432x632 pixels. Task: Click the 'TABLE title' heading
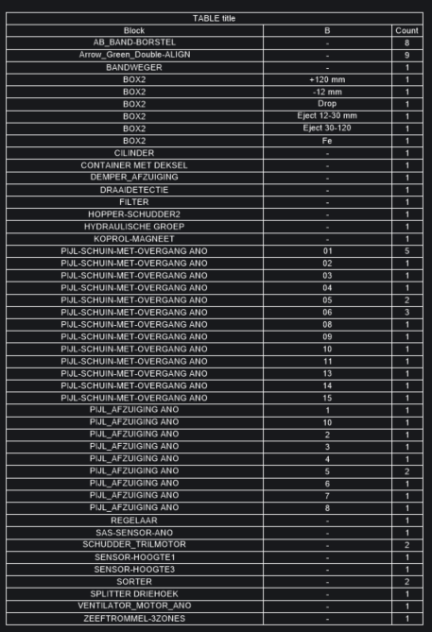pyautogui.click(x=216, y=18)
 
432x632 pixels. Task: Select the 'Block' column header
pyautogui.click(x=134, y=30)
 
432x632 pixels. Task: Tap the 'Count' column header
pyautogui.click(x=406, y=30)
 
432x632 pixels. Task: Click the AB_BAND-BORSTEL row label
pyautogui.click(x=134, y=43)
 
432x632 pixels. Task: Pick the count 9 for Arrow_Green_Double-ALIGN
pyautogui.click(x=406, y=55)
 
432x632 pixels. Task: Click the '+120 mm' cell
pyautogui.click(x=327, y=79)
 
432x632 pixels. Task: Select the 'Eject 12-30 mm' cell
pyautogui.click(x=327, y=116)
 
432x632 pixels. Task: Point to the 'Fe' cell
pyautogui.click(x=327, y=141)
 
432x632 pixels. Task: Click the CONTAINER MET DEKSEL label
pyautogui.click(x=134, y=165)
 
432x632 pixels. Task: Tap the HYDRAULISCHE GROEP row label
pyautogui.click(x=134, y=227)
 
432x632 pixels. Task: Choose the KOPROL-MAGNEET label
pyautogui.click(x=134, y=239)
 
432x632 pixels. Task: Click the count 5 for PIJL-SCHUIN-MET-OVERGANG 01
pyautogui.click(x=406, y=251)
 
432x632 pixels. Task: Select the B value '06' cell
pyautogui.click(x=327, y=313)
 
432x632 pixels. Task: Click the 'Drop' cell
pyautogui.click(x=327, y=104)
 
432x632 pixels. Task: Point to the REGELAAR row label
pyautogui.click(x=134, y=521)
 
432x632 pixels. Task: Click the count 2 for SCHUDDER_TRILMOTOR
pyautogui.click(x=406, y=545)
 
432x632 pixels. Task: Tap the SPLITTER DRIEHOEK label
pyautogui.click(x=134, y=594)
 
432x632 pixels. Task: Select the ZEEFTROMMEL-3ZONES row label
pyautogui.click(x=134, y=619)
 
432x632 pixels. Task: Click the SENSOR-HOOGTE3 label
pyautogui.click(x=134, y=570)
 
